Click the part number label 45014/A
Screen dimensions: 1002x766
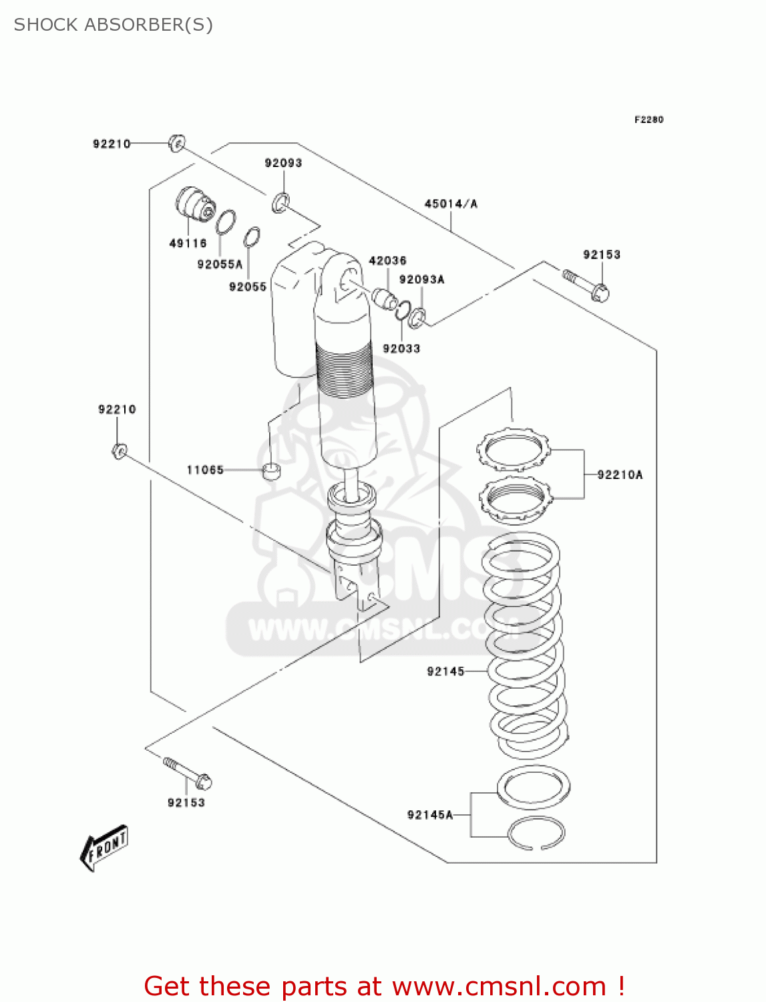tap(451, 204)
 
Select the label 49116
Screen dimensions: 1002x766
tap(188, 243)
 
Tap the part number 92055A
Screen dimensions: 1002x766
tap(220, 265)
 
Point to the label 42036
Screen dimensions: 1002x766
tap(387, 261)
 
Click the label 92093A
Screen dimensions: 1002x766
tap(421, 279)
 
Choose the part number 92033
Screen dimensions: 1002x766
tap(401, 348)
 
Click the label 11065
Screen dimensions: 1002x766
tap(205, 470)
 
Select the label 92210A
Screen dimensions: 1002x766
tap(620, 475)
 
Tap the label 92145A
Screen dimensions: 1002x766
tap(430, 814)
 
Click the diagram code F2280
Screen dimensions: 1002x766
tap(648, 120)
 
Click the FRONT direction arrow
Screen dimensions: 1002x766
tap(104, 848)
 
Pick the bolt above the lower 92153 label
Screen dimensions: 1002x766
tap(188, 772)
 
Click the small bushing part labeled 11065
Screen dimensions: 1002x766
tap(270, 470)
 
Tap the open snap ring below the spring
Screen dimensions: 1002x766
tap(536, 834)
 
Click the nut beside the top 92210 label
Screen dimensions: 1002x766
tap(176, 143)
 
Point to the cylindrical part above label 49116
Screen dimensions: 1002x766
tap(194, 204)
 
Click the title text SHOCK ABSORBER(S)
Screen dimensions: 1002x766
tap(114, 25)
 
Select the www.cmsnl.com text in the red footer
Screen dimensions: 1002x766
tap(499, 986)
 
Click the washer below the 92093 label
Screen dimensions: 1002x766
tap(280, 202)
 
